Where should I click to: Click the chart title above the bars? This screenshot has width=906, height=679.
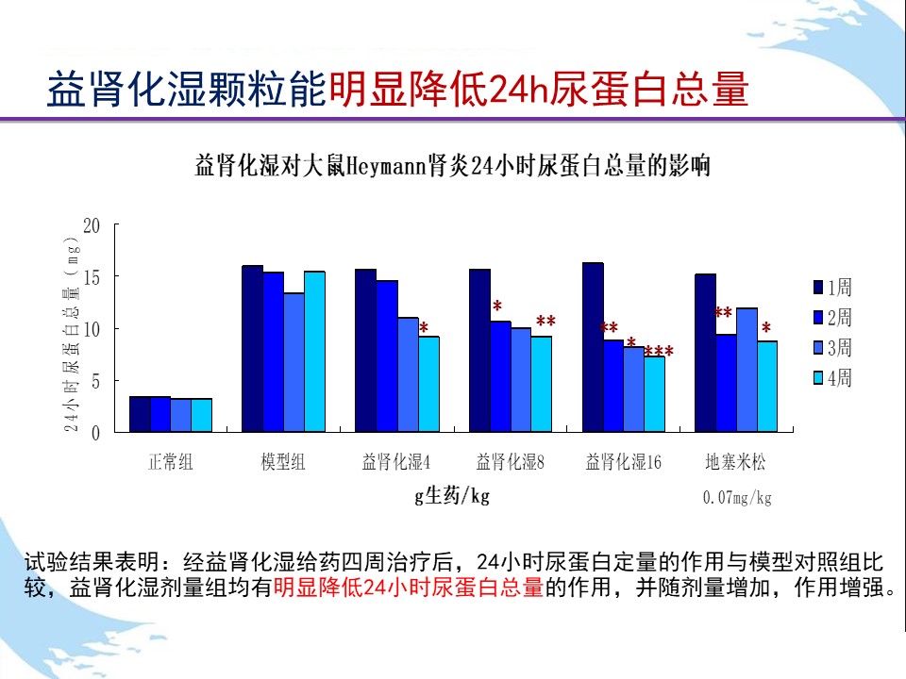pyautogui.click(x=451, y=168)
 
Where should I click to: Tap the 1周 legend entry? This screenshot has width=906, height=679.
pyautogui.click(x=832, y=287)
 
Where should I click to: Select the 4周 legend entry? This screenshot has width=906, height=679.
pyautogui.click(x=832, y=378)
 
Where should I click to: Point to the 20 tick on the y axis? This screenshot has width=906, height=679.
pyautogui.click(x=92, y=225)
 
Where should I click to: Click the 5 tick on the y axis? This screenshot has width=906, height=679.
pyautogui.click(x=95, y=381)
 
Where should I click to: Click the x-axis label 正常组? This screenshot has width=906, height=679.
pyautogui.click(x=171, y=462)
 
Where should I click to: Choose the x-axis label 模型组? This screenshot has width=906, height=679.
pyautogui.click(x=283, y=462)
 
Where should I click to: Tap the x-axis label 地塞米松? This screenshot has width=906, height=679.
pyautogui.click(x=736, y=462)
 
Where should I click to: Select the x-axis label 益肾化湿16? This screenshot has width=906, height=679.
pyautogui.click(x=623, y=462)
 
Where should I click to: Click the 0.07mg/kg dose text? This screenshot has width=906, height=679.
pyautogui.click(x=737, y=497)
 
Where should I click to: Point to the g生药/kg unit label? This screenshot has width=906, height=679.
pyautogui.click(x=453, y=496)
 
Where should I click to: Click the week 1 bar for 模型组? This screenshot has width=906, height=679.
pyautogui.click(x=252, y=349)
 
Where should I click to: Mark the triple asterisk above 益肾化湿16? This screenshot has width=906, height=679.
pyautogui.click(x=659, y=352)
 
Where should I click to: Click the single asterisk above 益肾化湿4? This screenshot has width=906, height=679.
pyautogui.click(x=424, y=328)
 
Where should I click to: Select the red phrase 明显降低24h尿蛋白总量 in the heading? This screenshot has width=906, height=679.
pyautogui.click(x=539, y=91)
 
